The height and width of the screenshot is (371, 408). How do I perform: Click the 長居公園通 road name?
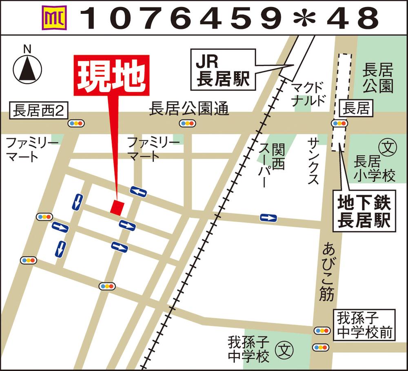(189, 109)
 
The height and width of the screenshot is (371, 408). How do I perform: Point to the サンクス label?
(314, 161)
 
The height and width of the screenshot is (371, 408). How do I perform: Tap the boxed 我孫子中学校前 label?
(364, 325)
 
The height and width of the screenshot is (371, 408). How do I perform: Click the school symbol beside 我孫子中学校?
(285, 349)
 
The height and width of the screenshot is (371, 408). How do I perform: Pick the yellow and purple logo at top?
(53, 17)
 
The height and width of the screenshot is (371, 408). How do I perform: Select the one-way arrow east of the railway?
(268, 218)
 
